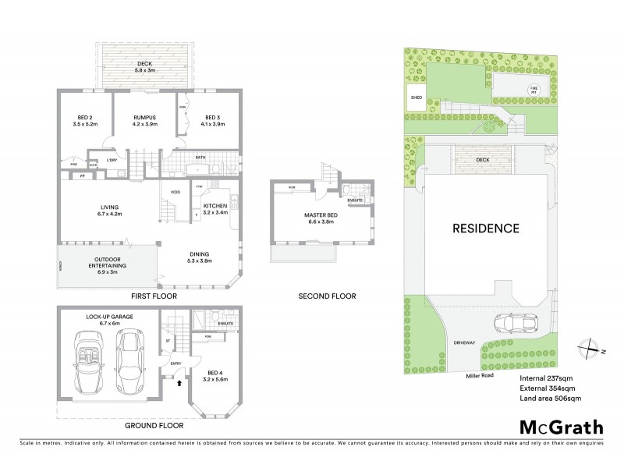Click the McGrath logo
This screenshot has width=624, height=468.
tap(560, 427)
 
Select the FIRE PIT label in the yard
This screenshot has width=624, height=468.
tap(534, 88)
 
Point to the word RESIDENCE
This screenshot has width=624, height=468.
tap(486, 229)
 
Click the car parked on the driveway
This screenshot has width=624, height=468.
tap(516, 323)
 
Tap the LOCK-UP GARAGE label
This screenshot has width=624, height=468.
tap(108, 317)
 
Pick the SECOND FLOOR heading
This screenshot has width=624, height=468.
tap(328, 296)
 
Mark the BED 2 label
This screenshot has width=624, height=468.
tap(83, 117)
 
